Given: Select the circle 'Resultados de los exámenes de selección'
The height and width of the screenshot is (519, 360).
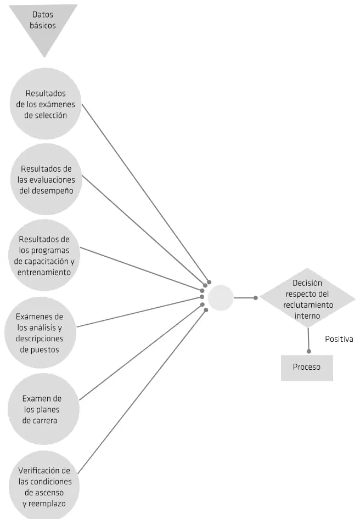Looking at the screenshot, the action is (46, 104).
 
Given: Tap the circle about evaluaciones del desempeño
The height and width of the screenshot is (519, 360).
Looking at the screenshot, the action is (46, 179).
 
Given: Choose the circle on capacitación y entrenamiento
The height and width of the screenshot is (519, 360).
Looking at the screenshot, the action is (44, 255).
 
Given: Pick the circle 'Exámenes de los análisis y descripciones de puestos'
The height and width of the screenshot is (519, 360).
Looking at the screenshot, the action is (40, 332).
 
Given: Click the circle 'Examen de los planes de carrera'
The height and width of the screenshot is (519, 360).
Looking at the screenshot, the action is (43, 409).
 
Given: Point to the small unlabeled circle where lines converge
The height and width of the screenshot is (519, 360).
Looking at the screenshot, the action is (221, 298).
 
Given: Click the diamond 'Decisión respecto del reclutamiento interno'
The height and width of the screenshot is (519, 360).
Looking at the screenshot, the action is (308, 298).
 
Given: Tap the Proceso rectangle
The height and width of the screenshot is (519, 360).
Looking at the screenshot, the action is (307, 368).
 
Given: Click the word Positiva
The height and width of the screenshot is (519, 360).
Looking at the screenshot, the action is (339, 339).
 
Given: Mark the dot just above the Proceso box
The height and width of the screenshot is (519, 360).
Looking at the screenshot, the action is (308, 351).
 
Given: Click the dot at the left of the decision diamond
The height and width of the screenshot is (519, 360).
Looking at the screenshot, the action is (255, 298).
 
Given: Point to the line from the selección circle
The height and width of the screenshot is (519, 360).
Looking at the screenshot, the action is (145, 193).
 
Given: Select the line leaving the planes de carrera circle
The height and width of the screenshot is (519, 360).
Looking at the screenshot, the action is (140, 352).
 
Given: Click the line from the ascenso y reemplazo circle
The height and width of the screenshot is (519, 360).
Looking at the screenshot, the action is (142, 392).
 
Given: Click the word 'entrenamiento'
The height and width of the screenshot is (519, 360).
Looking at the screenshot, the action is (44, 273).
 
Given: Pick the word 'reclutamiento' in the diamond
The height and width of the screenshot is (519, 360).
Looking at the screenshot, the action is (308, 305).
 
